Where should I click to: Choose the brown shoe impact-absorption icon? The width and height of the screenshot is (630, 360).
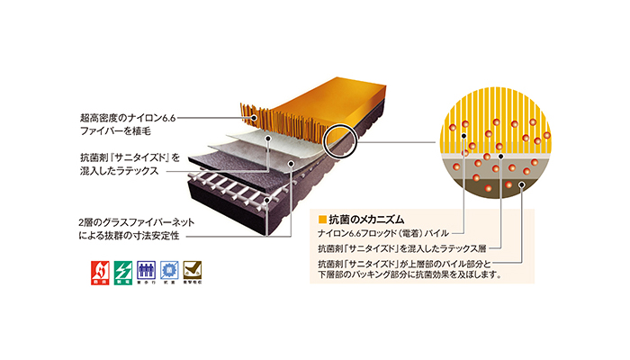[x=193, y=269]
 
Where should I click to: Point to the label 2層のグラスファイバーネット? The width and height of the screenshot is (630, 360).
[x=130, y=220]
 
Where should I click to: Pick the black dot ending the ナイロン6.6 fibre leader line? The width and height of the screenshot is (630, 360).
[x=256, y=118]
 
